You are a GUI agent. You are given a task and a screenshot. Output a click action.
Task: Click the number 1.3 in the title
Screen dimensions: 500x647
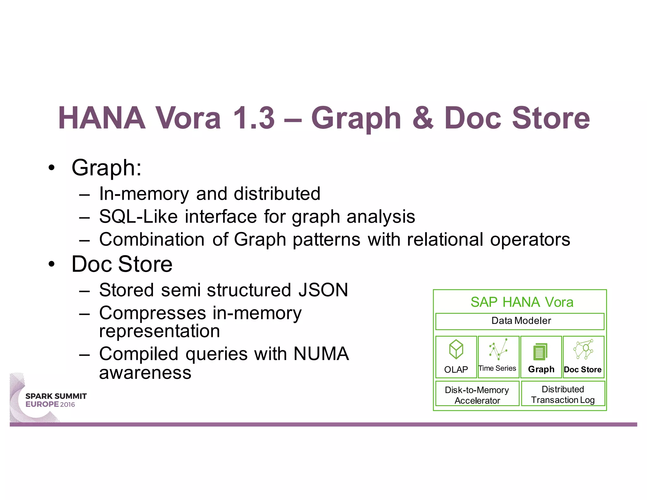click(253, 118)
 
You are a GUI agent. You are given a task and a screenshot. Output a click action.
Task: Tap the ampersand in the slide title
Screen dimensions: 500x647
click(423, 118)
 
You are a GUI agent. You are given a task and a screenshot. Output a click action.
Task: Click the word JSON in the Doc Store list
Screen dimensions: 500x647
click(323, 290)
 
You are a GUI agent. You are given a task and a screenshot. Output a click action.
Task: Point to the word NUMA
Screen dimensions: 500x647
click(321, 354)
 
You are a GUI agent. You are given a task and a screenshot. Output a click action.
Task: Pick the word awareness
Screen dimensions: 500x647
click(145, 373)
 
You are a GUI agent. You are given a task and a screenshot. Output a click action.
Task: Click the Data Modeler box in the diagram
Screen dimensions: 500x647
click(520, 321)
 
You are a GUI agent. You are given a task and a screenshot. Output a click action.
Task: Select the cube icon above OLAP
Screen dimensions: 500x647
click(456, 349)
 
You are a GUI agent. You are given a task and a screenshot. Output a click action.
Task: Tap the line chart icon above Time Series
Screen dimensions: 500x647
click(498, 350)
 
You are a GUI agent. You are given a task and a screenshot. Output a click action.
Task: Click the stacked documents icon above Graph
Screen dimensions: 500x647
click(541, 351)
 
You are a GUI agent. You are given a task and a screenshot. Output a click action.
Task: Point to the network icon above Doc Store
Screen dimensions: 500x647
click(583, 350)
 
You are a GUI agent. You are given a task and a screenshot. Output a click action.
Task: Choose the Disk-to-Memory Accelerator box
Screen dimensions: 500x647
click(477, 395)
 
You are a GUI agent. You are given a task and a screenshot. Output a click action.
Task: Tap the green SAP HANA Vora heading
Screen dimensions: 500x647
click(522, 302)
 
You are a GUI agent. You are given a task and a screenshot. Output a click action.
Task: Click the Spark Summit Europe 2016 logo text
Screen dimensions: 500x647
click(56, 400)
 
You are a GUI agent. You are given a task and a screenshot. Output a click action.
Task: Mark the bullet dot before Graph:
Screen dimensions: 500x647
click(51, 168)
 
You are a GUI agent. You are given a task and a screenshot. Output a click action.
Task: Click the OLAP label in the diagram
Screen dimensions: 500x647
click(456, 369)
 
